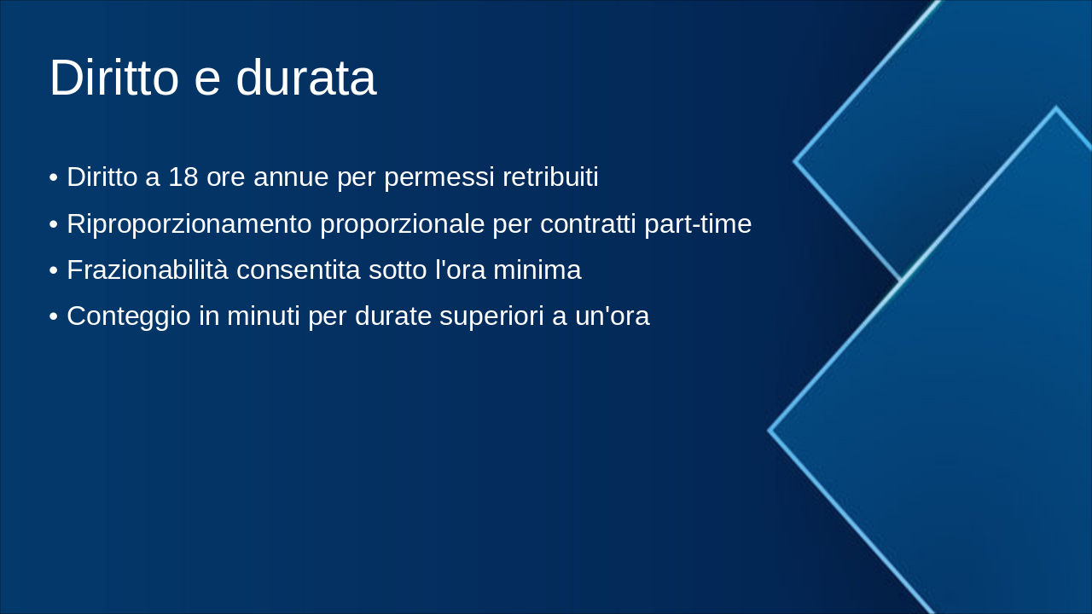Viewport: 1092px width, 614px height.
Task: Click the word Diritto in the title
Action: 114,78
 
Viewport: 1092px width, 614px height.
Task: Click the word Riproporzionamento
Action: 189,224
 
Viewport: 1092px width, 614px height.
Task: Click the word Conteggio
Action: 129,316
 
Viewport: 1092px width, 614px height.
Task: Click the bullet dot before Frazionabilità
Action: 54,271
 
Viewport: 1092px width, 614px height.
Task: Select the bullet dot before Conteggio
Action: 54,317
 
